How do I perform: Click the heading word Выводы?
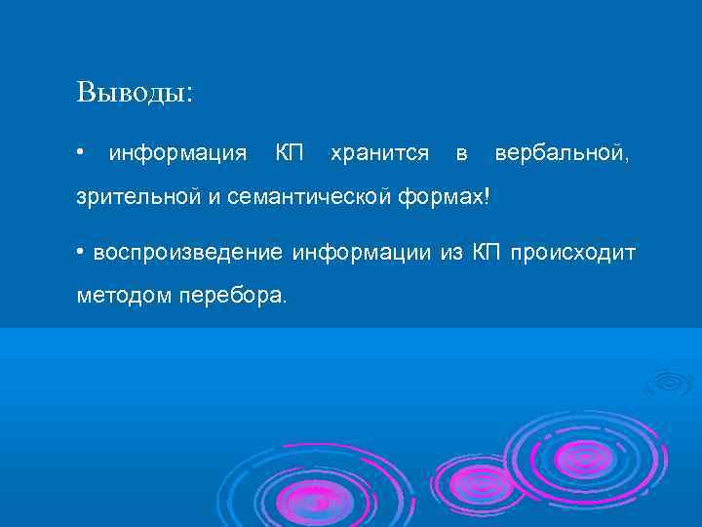pyautogui.click(x=135, y=93)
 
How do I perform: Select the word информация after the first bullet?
pyautogui.click(x=177, y=153)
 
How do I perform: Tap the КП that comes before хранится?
pyautogui.click(x=289, y=153)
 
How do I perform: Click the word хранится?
pyautogui.click(x=379, y=153)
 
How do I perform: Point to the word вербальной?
pyautogui.click(x=568, y=153)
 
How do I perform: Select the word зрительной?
pyautogui.click(x=138, y=198)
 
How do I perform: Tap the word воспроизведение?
pyautogui.click(x=188, y=253)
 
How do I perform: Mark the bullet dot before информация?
pyautogui.click(x=81, y=153)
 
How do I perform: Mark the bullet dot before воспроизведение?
pyautogui.click(x=81, y=253)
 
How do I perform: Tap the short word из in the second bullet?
pyautogui.click(x=451, y=253)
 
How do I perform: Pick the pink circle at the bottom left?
pyautogui.click(x=314, y=500)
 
